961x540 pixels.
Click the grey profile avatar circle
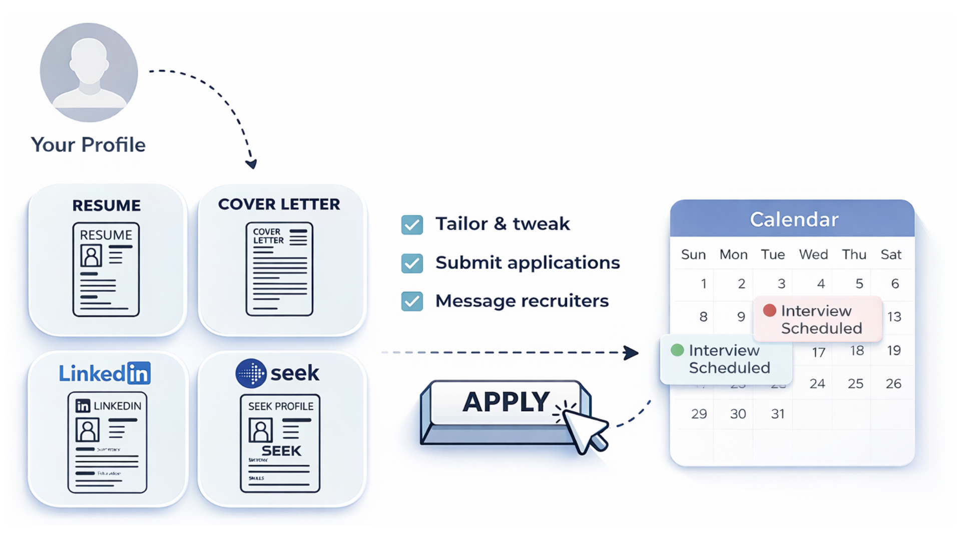click(89, 72)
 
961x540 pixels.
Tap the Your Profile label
click(88, 145)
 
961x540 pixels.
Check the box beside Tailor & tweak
click(412, 225)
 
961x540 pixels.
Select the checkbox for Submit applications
click(412, 263)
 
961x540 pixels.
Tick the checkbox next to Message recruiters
click(412, 301)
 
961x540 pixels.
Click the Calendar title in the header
click(794, 219)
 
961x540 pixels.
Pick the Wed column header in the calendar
click(813, 254)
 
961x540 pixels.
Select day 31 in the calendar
click(778, 414)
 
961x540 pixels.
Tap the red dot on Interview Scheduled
click(769, 310)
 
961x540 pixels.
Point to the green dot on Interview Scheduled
click(677, 350)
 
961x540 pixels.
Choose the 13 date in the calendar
click(894, 316)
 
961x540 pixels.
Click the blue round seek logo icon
click(251, 373)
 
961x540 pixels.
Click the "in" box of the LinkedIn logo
click(139, 373)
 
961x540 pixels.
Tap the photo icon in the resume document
click(91, 256)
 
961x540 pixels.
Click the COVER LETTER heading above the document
click(279, 204)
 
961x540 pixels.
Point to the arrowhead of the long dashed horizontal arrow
click(632, 352)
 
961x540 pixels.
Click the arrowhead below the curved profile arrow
click(251, 164)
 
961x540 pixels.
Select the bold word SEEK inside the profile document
click(281, 451)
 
